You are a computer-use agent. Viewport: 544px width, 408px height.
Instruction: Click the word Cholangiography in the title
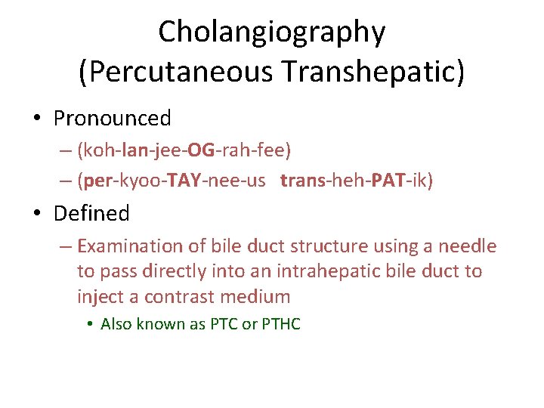click(272, 32)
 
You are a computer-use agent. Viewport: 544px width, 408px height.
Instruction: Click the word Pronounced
click(113, 119)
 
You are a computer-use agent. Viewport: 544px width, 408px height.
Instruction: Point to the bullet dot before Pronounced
click(37, 119)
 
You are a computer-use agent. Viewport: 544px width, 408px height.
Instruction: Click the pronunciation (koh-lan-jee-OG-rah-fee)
click(184, 150)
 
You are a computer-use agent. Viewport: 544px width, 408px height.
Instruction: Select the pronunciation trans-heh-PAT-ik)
click(357, 181)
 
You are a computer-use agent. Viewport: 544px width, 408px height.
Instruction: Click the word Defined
click(91, 214)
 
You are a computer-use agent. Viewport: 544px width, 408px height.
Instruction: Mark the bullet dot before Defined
click(37, 215)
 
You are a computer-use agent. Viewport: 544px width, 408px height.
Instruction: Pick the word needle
click(470, 246)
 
